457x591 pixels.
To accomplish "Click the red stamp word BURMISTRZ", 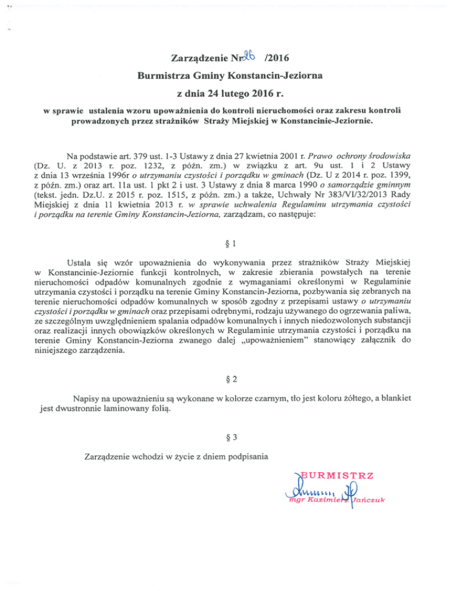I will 340,476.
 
